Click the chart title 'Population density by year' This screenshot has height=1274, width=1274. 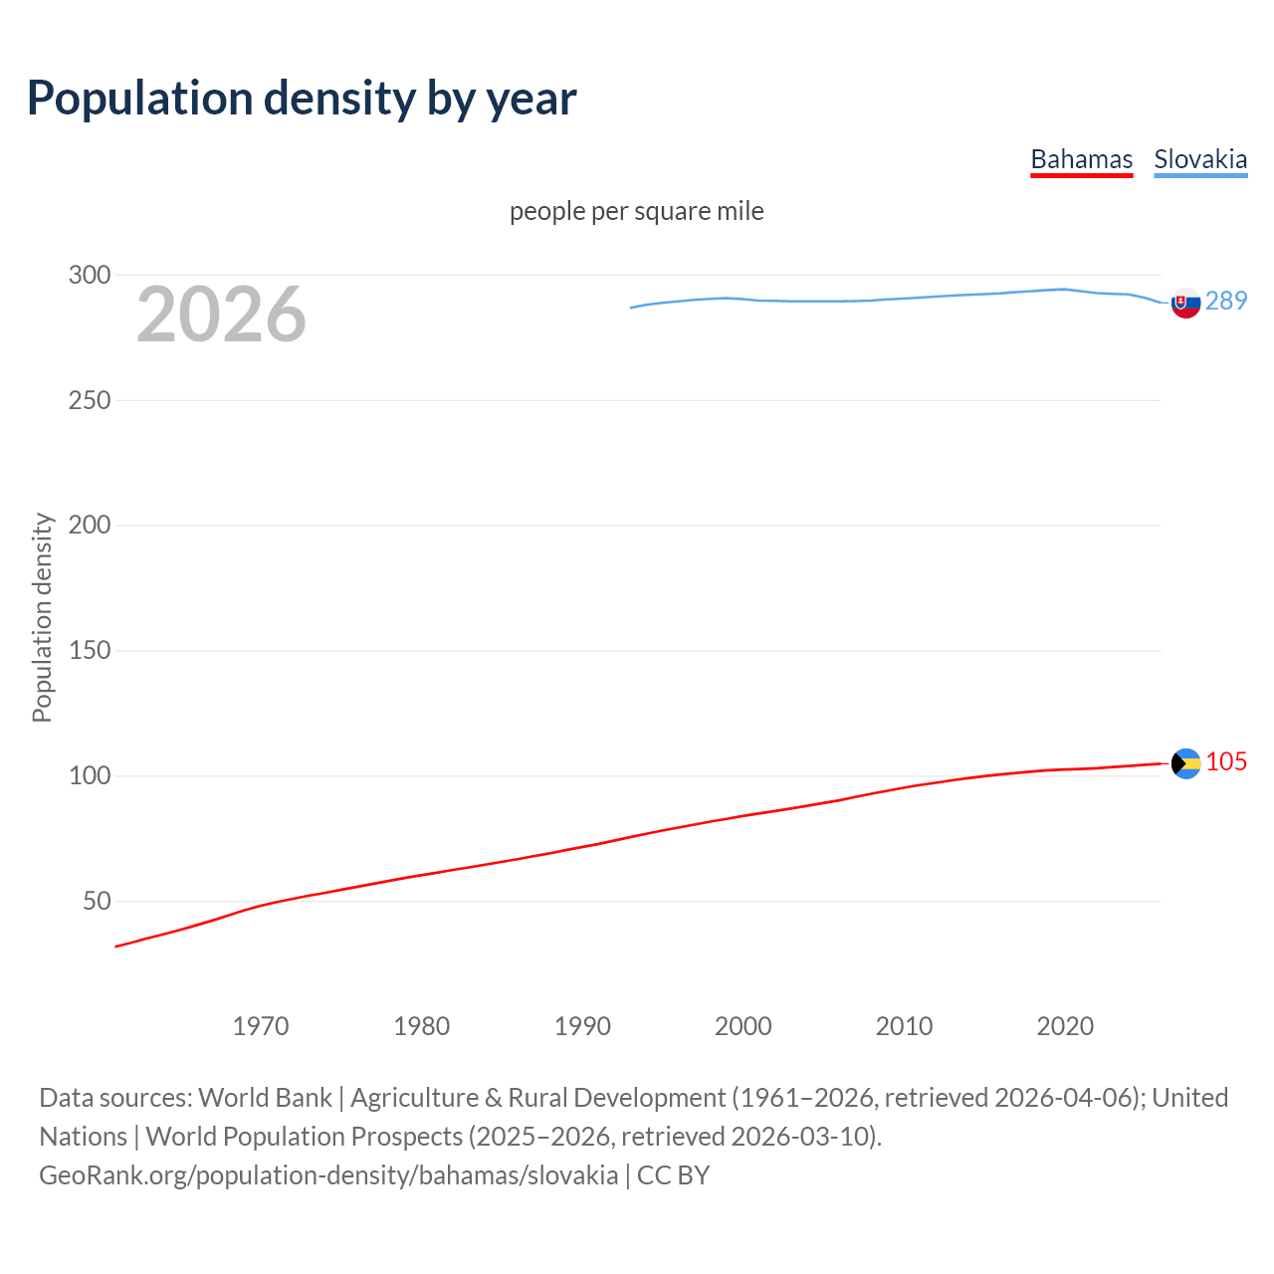pos(302,98)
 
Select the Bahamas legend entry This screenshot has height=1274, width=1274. pos(1081,159)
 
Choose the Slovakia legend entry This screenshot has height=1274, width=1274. pos(1200,159)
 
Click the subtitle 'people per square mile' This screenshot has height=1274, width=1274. pos(636,211)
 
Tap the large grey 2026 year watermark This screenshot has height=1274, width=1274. pos(221,315)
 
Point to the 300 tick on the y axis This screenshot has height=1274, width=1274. pos(90,275)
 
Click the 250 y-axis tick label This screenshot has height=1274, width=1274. pos(90,400)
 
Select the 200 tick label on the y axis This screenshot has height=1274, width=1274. pos(90,526)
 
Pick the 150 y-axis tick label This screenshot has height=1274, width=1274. pos(90,651)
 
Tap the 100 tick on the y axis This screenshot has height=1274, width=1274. pos(90,775)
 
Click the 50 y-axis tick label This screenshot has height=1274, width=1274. pos(97,901)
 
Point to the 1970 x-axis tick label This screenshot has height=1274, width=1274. pos(261,1026)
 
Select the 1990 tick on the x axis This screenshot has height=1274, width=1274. pos(582,1026)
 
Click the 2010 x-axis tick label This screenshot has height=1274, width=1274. pos(904,1026)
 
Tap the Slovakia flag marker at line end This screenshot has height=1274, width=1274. pos(1185,303)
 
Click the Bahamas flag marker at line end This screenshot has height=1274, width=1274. pos(1185,763)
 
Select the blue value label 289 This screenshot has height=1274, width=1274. pos(1226,301)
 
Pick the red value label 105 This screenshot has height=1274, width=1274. pos(1226,761)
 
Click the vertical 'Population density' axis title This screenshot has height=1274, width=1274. pos(42,617)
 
